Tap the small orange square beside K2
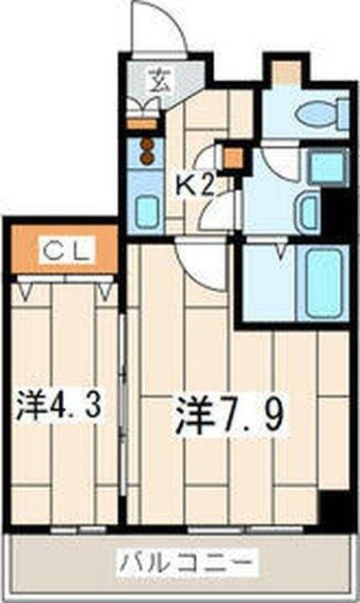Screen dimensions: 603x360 (230, 157)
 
